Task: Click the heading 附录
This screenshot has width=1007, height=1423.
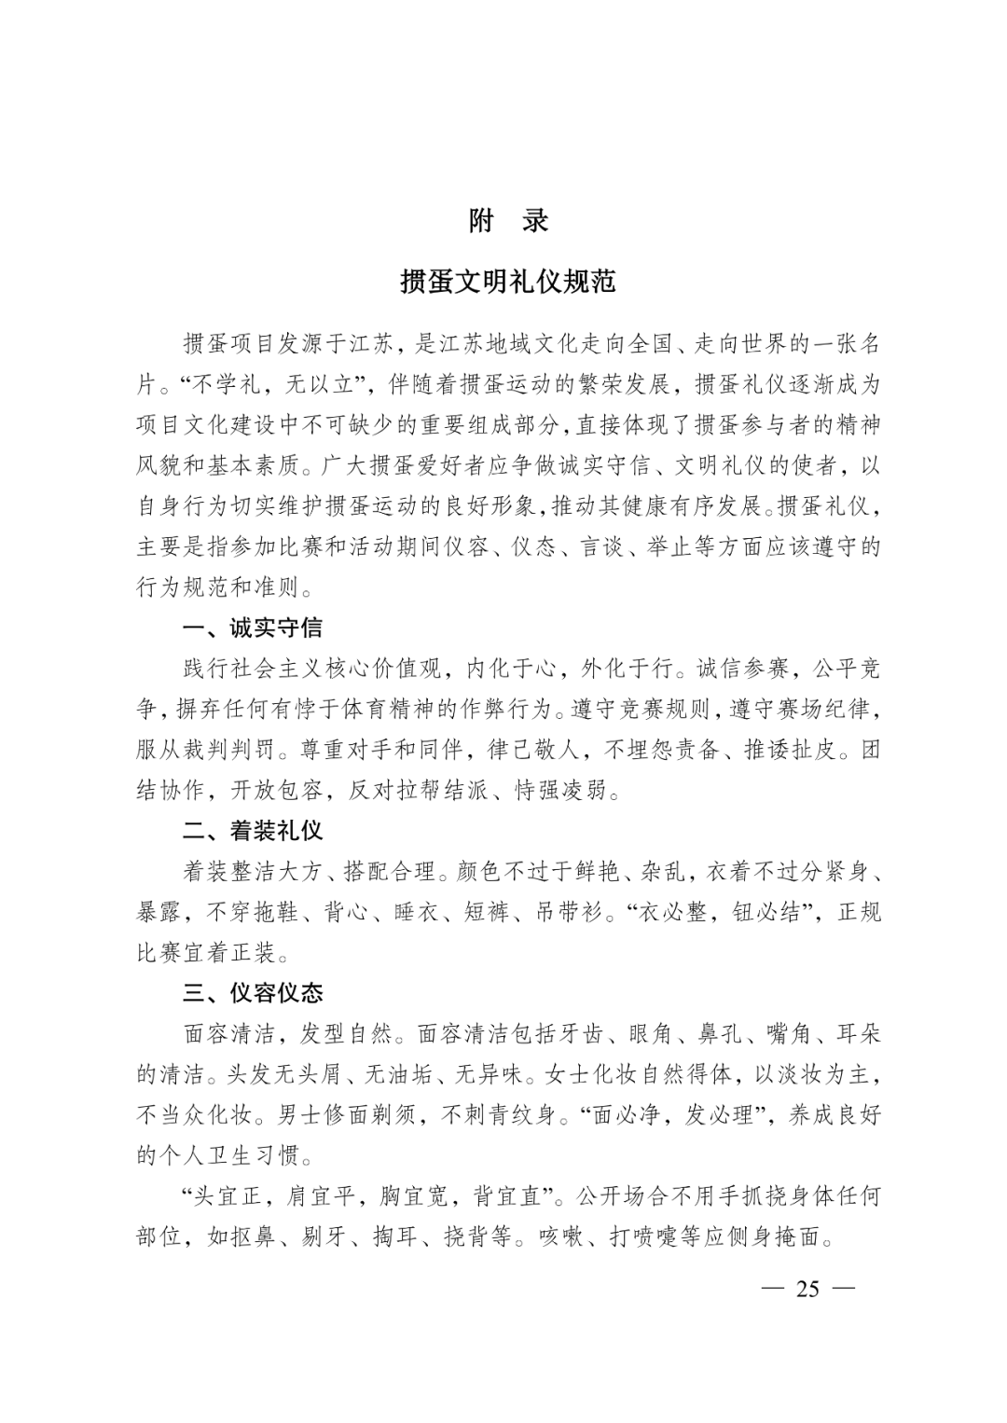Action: point(508,221)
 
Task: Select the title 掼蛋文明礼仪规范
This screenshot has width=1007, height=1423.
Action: point(508,281)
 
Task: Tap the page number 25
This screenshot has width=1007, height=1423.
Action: point(807,1289)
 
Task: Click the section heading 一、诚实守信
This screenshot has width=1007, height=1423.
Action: point(253,628)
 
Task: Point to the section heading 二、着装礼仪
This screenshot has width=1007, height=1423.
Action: point(253,830)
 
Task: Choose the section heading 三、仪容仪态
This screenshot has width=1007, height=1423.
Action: point(253,992)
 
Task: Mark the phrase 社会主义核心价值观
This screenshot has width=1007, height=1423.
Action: point(335,668)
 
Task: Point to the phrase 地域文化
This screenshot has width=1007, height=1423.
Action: point(549,343)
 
